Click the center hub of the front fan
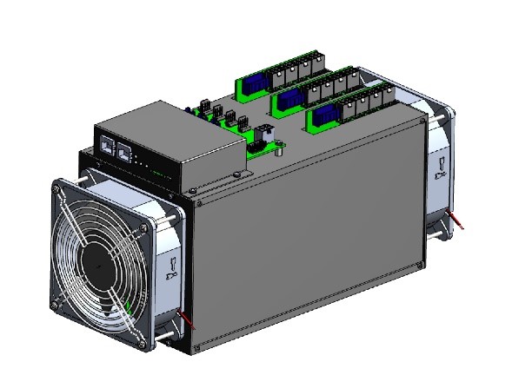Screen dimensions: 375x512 (x=98, y=258)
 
